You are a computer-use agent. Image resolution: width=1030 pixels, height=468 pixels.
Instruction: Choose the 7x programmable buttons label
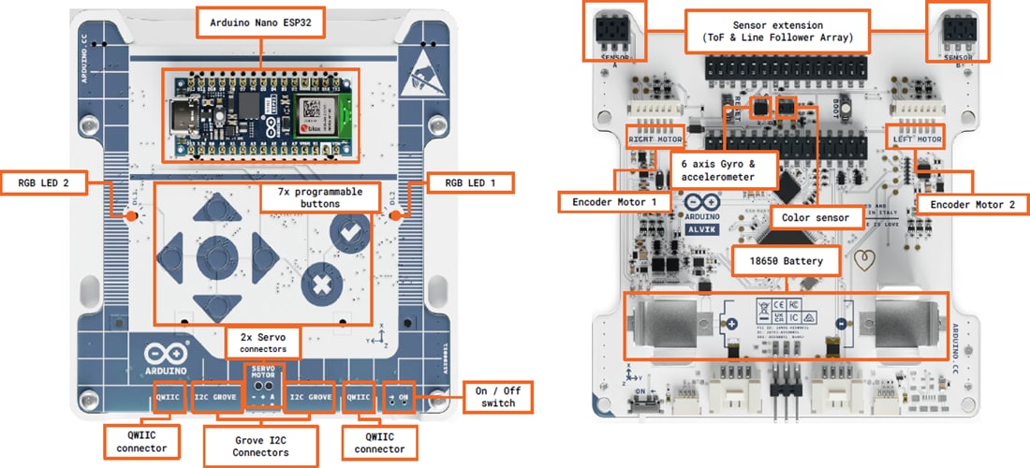(319, 197)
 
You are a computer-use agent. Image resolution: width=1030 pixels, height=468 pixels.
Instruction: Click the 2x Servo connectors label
(263, 342)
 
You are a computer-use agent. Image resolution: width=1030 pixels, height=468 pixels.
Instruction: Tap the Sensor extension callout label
(778, 30)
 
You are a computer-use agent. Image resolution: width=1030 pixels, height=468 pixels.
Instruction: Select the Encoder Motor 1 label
(614, 201)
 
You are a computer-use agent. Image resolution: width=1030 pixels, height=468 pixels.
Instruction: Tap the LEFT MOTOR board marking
(916, 139)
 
